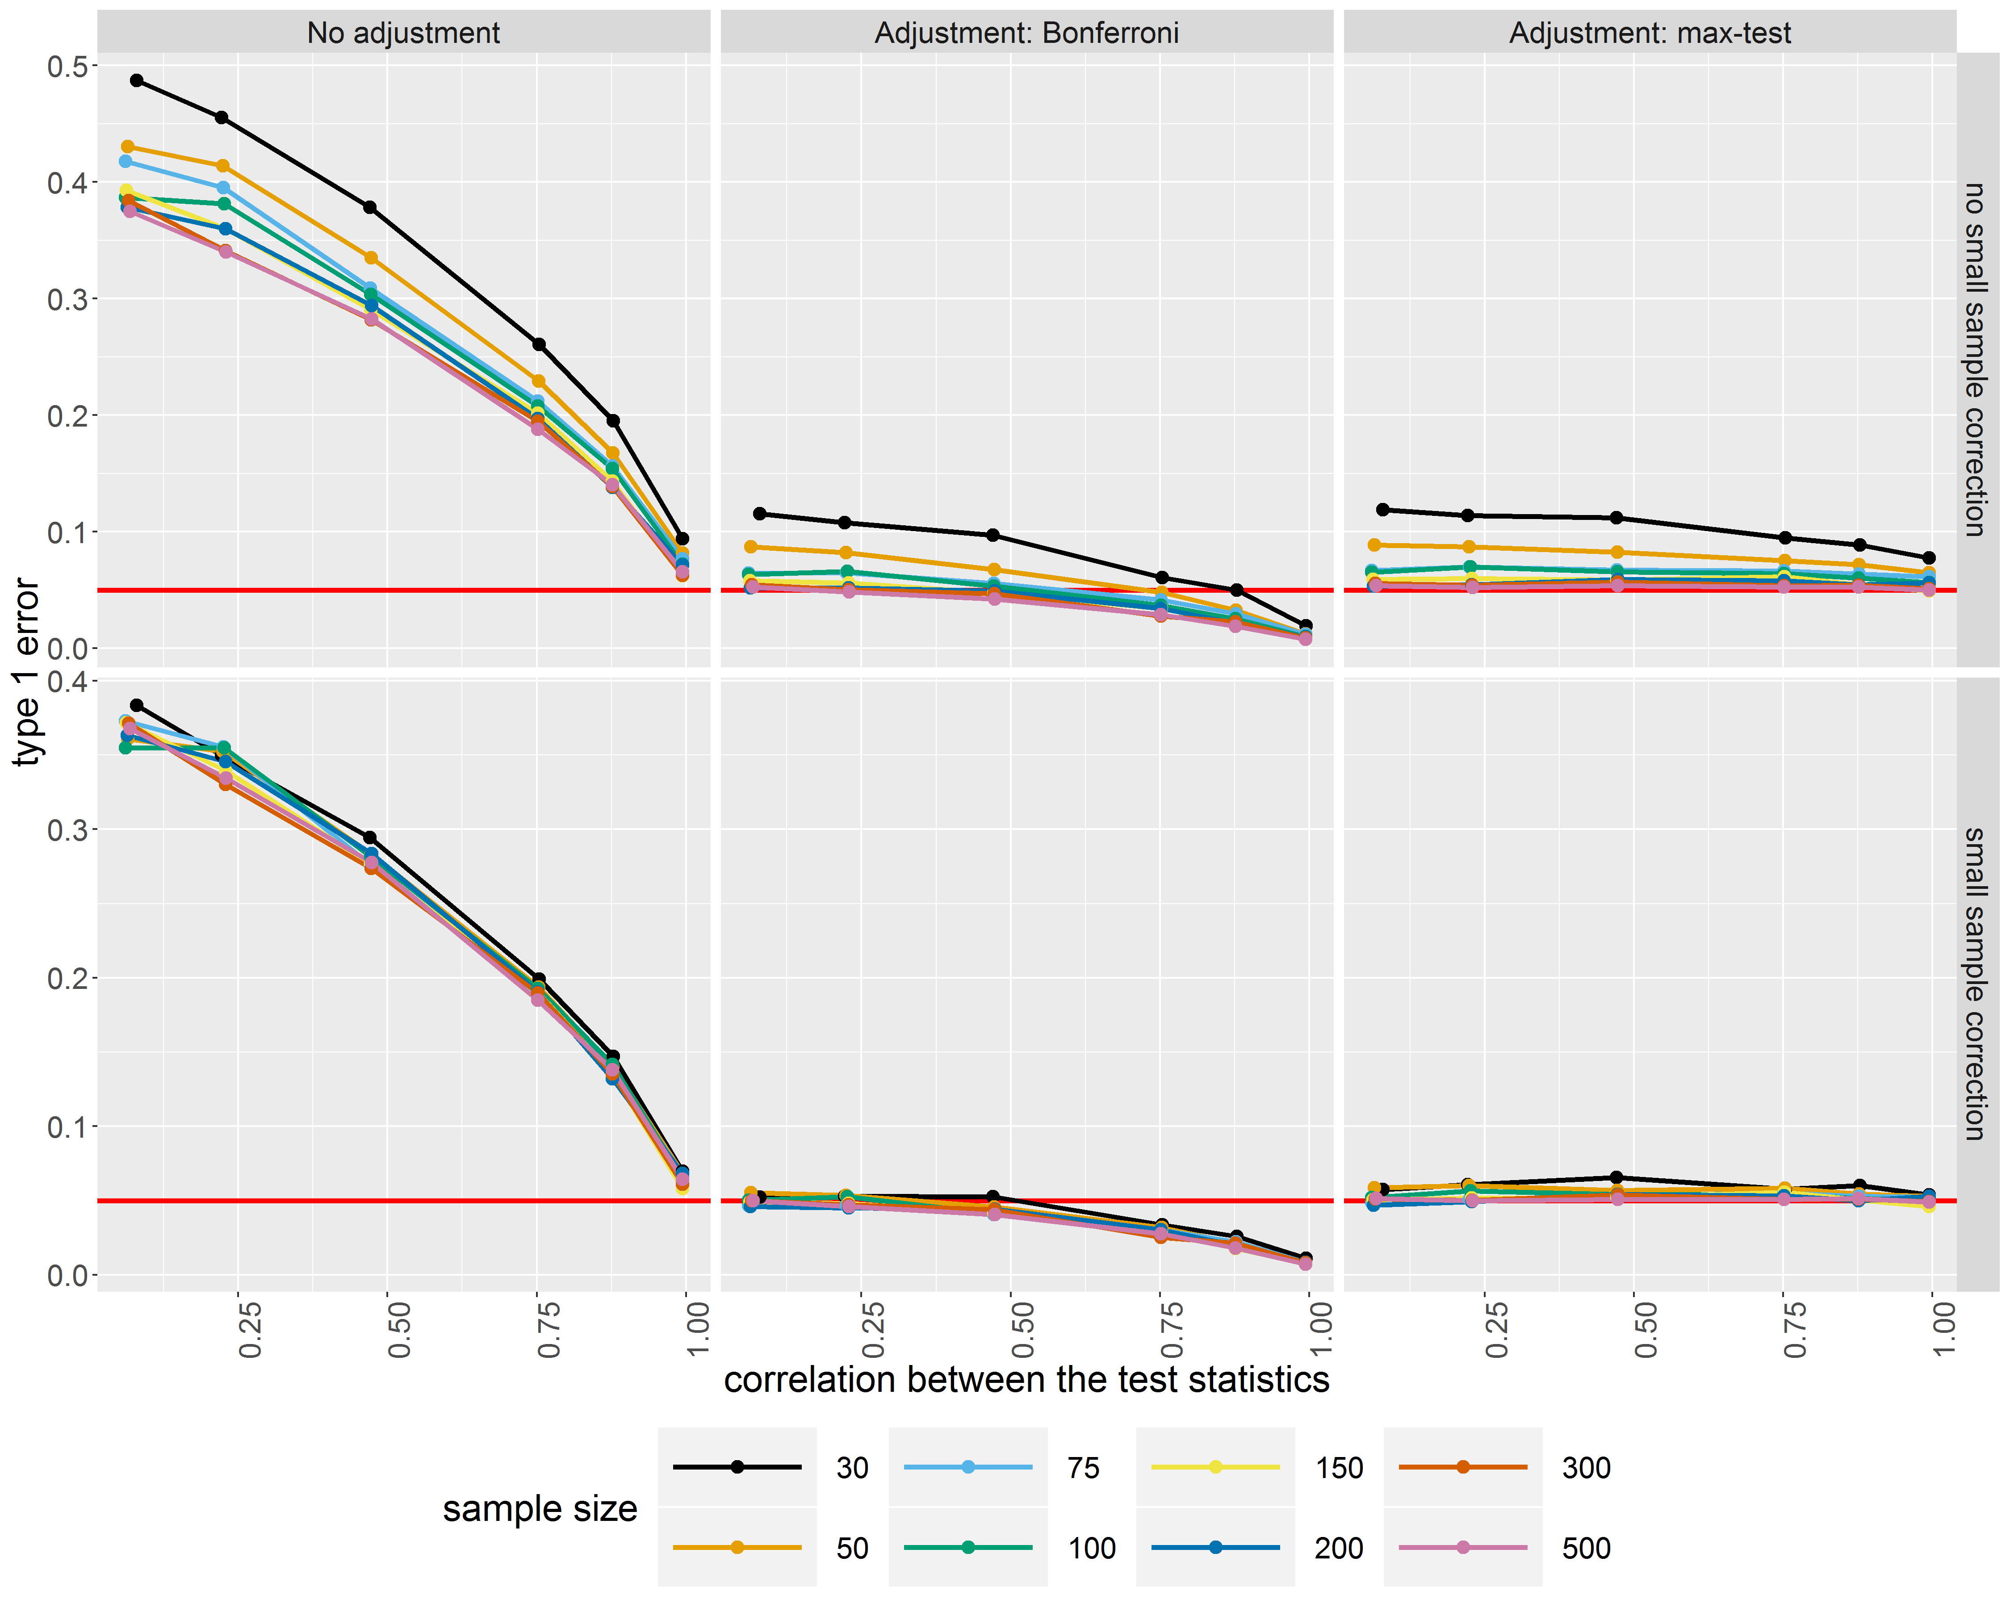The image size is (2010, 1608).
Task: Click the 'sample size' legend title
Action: (540, 1508)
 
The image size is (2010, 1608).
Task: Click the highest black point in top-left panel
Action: (137, 80)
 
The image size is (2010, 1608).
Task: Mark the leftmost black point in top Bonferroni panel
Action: (760, 514)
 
